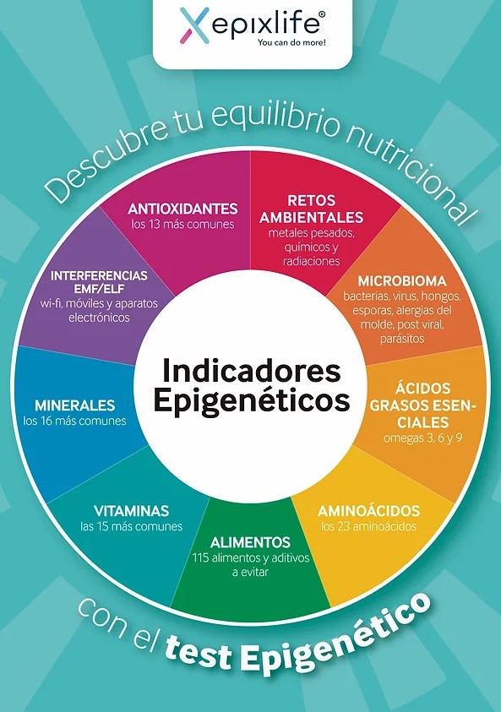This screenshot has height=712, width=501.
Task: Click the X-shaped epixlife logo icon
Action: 194,25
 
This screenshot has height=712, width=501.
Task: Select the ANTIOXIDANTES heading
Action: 183,209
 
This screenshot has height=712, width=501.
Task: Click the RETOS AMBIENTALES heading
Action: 312,209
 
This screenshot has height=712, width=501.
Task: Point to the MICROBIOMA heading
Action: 402,281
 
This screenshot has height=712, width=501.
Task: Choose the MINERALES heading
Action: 75,405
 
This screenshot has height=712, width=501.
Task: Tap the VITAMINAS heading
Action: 131,511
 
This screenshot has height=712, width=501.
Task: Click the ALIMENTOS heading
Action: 250,542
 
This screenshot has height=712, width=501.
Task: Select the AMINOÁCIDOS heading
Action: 368,511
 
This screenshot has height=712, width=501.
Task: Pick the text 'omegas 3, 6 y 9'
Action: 422,438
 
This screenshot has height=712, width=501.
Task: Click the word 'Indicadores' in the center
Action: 251,371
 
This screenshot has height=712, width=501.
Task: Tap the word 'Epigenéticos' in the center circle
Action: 252,401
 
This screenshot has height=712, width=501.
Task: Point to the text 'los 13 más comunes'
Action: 183,225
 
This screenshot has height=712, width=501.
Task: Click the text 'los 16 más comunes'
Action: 75,421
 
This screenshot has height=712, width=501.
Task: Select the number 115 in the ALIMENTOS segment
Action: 200,557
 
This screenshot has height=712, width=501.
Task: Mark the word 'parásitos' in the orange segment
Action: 402,339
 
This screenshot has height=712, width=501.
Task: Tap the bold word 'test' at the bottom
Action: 199,654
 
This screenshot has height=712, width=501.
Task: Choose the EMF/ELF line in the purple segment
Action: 99,289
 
